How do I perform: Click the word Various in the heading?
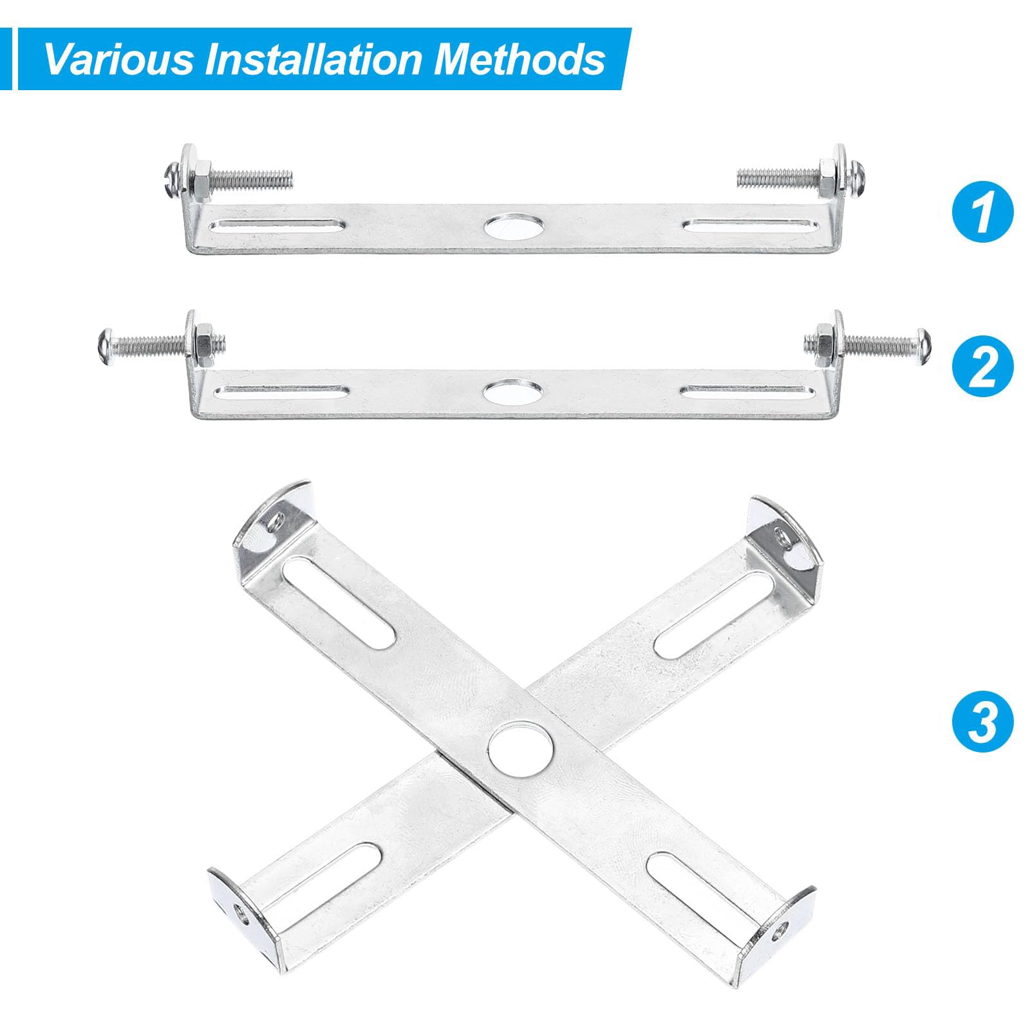pos(118,59)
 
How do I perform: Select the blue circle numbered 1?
pos(982,212)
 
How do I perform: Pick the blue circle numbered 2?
pos(982,367)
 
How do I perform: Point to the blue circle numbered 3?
pos(982,721)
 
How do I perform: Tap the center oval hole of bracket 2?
pos(513,390)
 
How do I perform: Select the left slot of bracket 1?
pos(278,225)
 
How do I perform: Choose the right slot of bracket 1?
pos(752,225)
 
